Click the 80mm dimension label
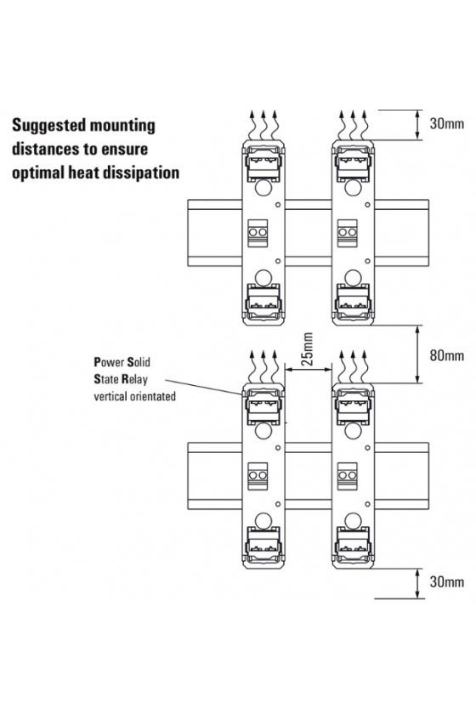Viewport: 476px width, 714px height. (446, 355)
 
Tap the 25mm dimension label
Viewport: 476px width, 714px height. (308, 349)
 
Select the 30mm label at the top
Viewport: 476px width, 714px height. (446, 123)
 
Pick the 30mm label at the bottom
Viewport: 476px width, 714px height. (446, 581)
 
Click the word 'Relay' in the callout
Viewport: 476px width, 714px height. (134, 380)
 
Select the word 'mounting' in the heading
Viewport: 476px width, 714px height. (126, 126)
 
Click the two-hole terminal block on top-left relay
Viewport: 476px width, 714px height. (258, 233)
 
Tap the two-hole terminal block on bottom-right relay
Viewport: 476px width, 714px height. (347, 476)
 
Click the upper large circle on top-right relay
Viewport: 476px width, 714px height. (353, 188)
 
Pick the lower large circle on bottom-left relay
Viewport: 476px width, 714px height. (263, 520)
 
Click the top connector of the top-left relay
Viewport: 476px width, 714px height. (263, 162)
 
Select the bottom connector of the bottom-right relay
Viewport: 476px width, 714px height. (353, 545)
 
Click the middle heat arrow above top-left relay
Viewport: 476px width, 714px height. (263, 124)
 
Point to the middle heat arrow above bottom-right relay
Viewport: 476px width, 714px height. (353, 367)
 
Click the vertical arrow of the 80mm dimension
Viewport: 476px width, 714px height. (417, 354)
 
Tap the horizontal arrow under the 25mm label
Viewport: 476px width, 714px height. (308, 370)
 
